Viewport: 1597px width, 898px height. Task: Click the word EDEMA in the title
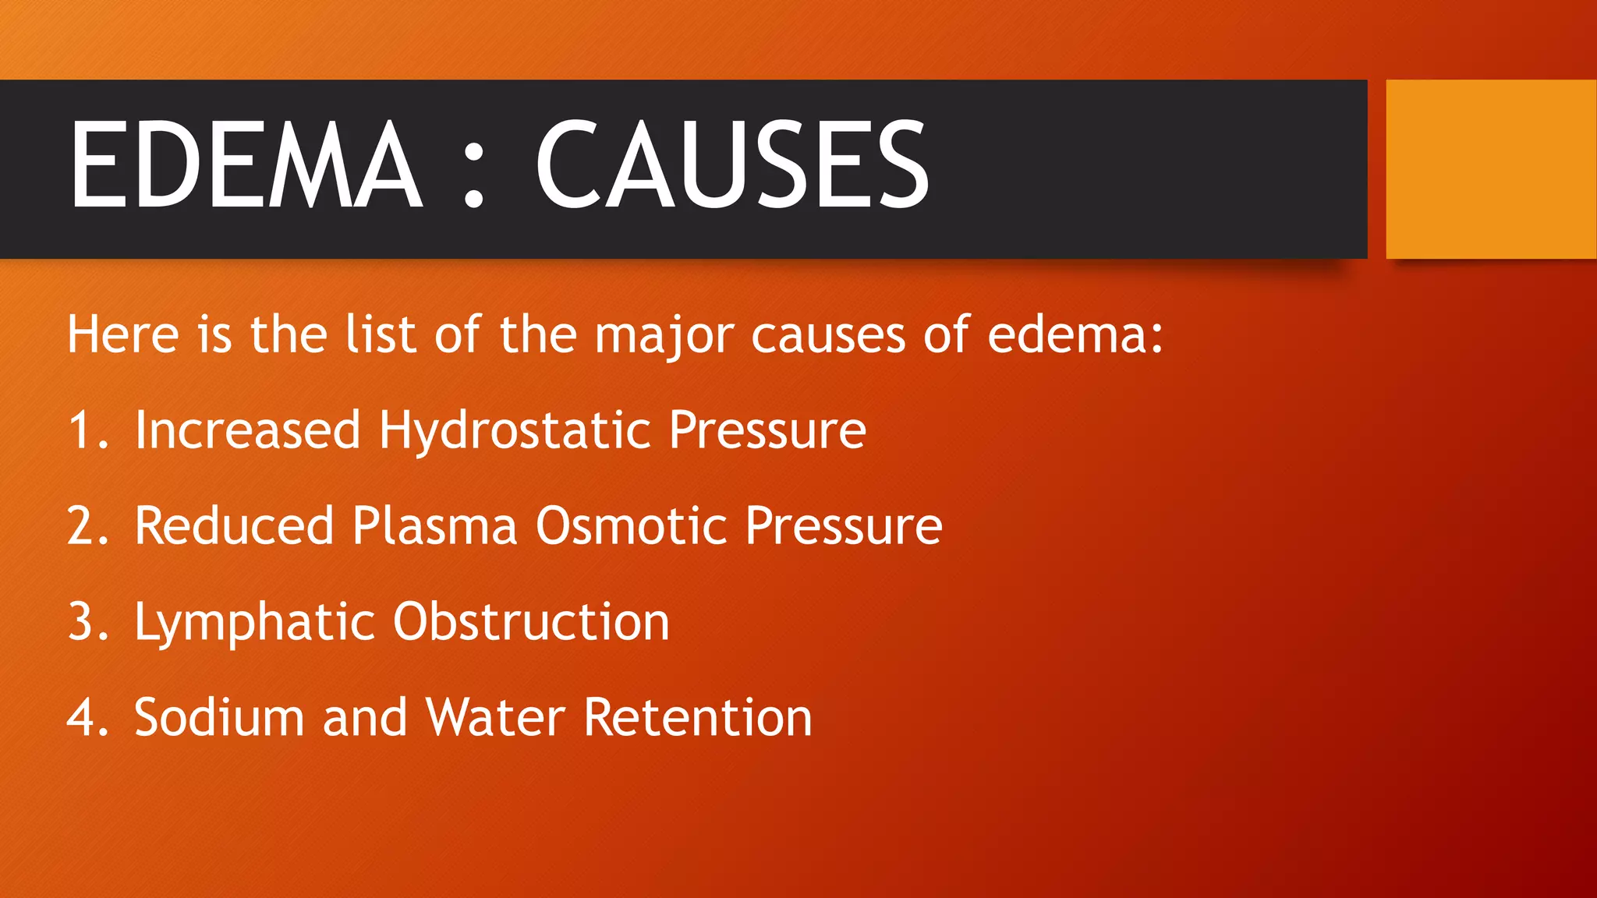tap(246, 165)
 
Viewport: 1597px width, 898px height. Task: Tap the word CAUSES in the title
tap(731, 165)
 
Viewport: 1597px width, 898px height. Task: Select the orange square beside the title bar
tap(1491, 169)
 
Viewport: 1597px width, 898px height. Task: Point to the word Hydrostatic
tap(515, 431)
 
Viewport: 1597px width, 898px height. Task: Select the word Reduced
tap(234, 525)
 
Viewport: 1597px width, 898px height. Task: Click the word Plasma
tap(434, 525)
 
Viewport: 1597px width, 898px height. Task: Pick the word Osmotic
tap(631, 525)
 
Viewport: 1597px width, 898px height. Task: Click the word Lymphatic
tap(254, 623)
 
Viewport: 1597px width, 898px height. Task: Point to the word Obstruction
tap(531, 621)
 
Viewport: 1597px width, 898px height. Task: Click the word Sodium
tap(219, 717)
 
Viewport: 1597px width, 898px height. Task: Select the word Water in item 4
tap(495, 717)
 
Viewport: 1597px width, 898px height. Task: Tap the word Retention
tap(698, 717)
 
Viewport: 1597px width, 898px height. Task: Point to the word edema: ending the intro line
tap(1075, 334)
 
